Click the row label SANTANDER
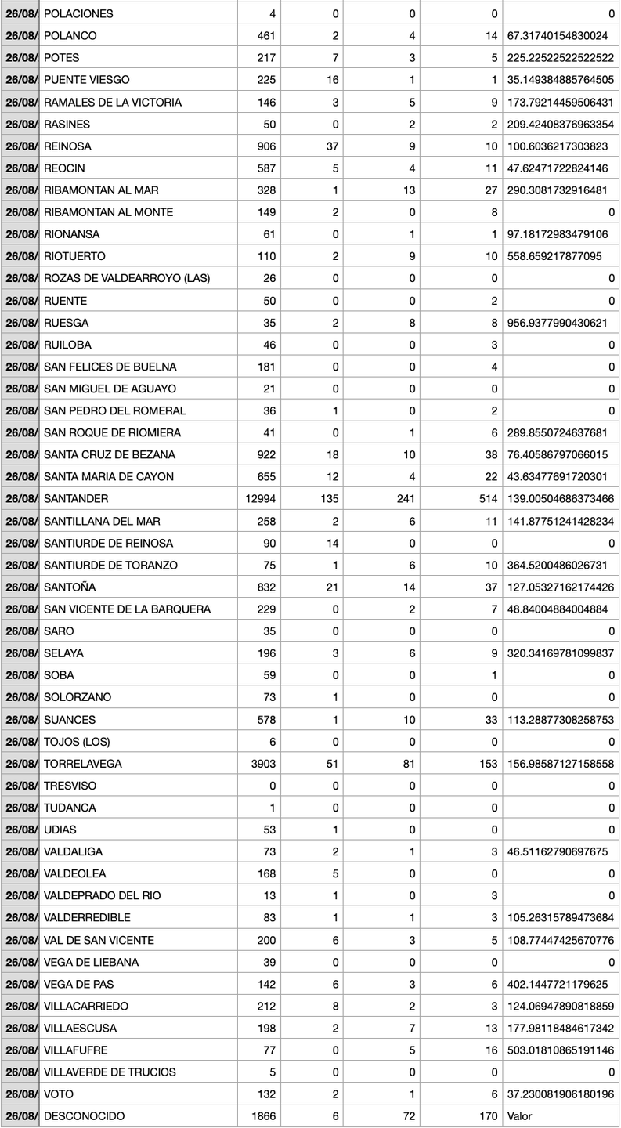click(x=76, y=499)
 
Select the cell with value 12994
click(x=261, y=499)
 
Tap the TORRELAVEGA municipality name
click(x=83, y=764)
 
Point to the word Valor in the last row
click(x=520, y=1116)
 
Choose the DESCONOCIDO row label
click(x=84, y=1116)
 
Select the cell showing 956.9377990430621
click(x=560, y=323)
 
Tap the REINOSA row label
click(x=67, y=146)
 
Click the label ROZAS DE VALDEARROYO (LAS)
click(x=127, y=278)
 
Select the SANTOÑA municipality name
click(x=70, y=587)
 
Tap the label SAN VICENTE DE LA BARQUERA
click(x=127, y=609)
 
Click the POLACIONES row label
click(x=78, y=14)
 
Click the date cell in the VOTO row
click(x=20, y=1094)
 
